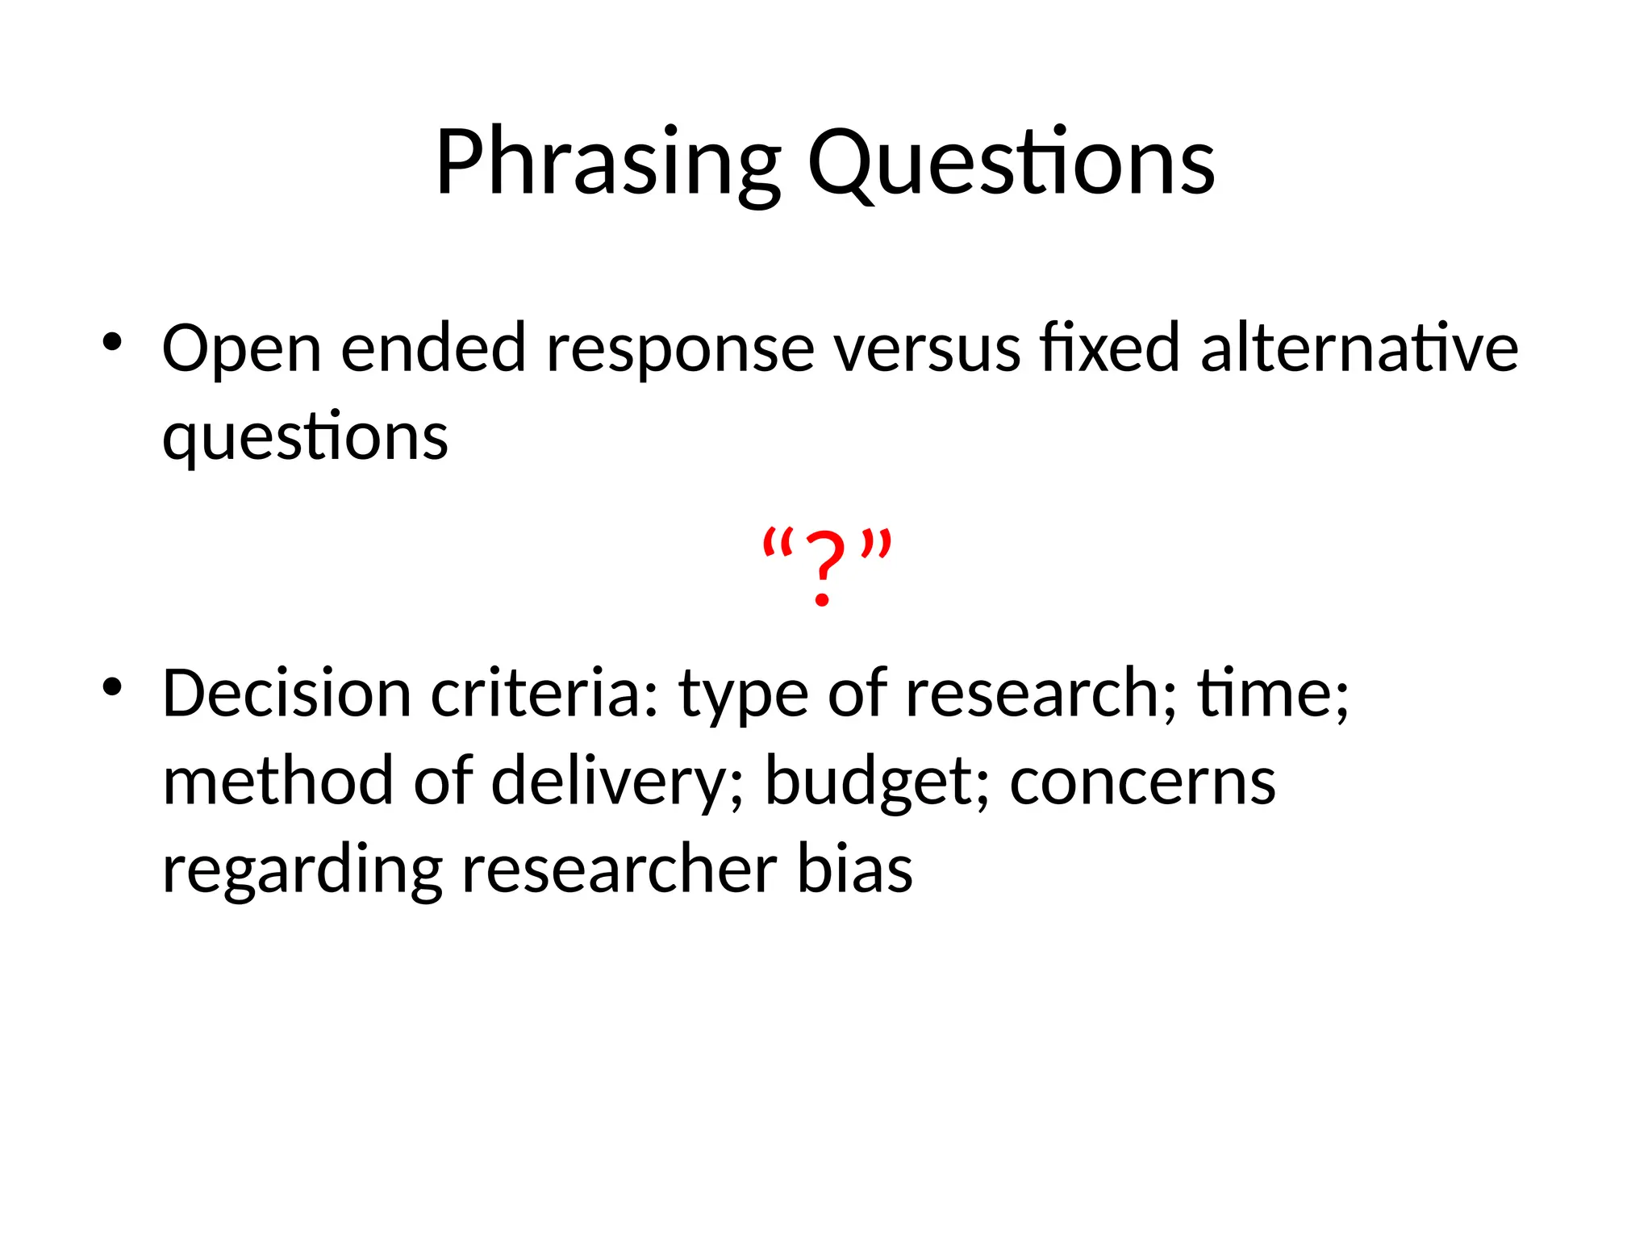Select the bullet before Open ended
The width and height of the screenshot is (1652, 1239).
112,343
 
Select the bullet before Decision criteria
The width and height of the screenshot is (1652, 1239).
112,688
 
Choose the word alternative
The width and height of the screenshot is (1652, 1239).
1359,348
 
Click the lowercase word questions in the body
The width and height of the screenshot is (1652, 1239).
305,438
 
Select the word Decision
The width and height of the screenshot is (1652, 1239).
286,694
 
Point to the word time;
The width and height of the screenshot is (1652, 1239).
1272,694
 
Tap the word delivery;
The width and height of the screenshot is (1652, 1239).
617,782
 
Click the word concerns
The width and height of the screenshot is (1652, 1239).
1142,782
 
